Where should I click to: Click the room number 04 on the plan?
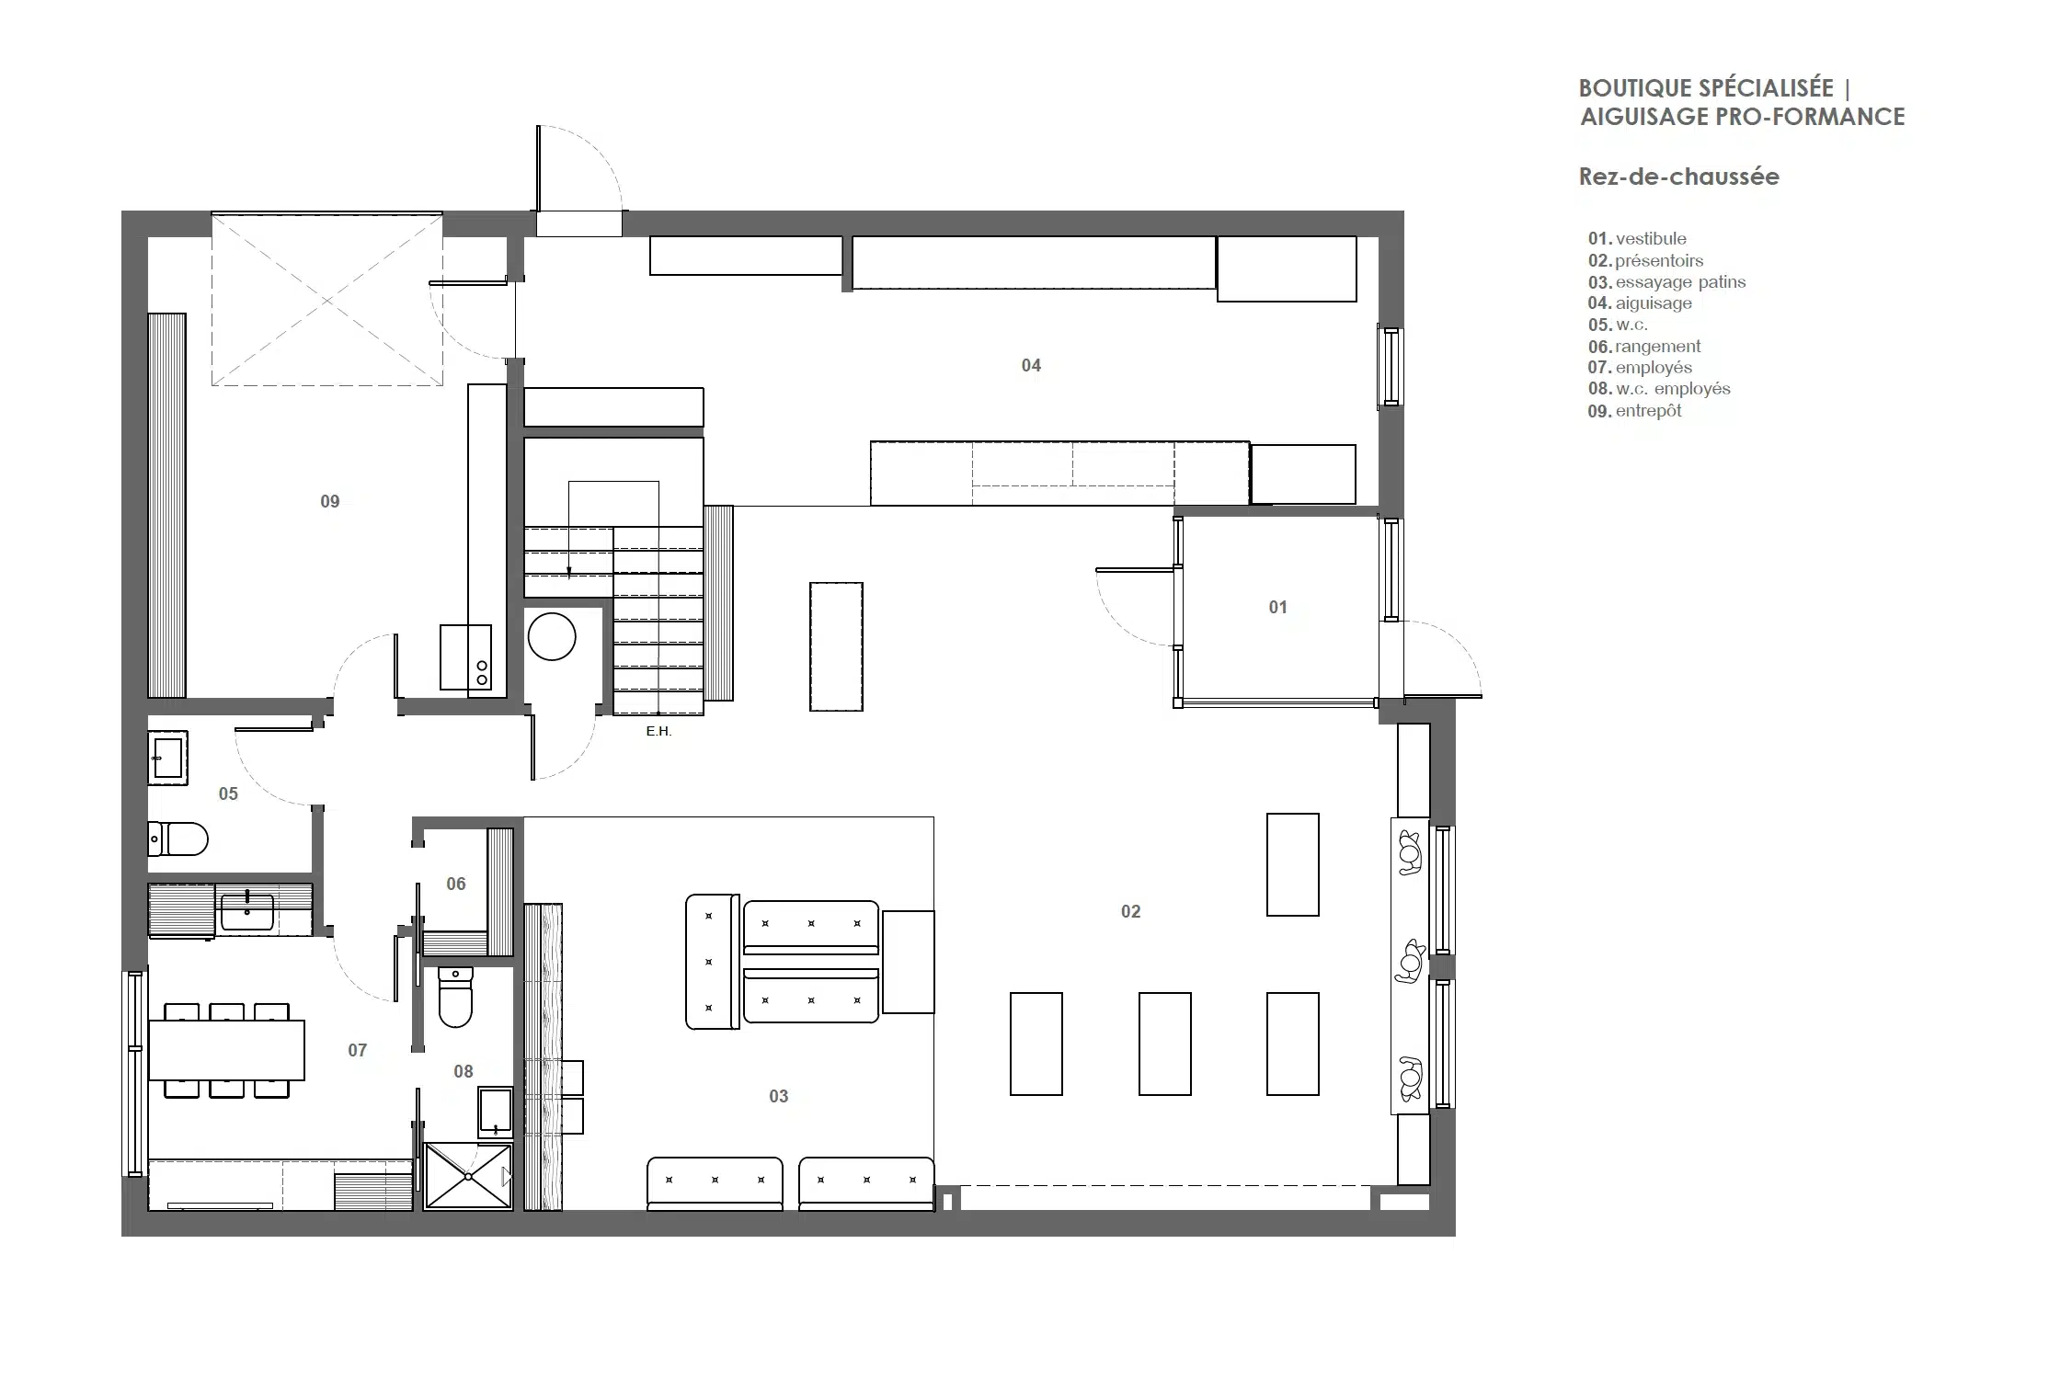point(1031,366)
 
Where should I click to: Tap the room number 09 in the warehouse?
point(330,502)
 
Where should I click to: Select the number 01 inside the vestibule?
point(1278,608)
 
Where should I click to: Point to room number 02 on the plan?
point(1131,912)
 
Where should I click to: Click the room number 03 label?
point(779,1097)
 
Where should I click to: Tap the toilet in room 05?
point(178,839)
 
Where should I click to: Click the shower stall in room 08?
point(468,1176)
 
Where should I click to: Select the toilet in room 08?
point(455,997)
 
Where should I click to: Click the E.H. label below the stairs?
point(658,732)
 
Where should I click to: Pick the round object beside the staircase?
point(552,636)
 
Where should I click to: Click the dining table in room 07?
point(226,1050)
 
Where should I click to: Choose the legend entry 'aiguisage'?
point(1654,303)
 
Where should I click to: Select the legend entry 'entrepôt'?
point(1649,411)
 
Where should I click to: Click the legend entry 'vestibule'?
point(1651,239)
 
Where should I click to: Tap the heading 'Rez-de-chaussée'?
point(1679,177)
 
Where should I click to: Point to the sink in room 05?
point(168,759)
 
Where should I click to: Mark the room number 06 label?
point(456,885)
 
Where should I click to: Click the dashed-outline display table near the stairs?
point(836,646)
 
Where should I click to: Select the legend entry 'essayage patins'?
point(1680,282)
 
